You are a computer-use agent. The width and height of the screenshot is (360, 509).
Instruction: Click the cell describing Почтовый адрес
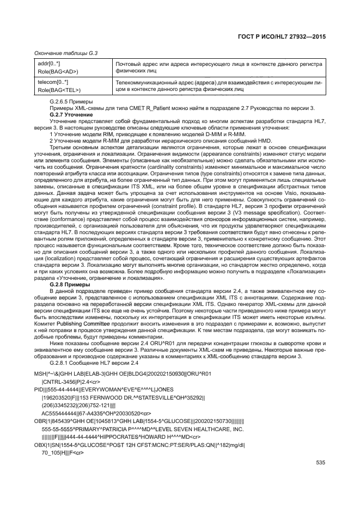(x=218, y=68)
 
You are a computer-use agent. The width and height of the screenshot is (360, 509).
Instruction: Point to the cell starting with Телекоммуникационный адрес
(x=218, y=85)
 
